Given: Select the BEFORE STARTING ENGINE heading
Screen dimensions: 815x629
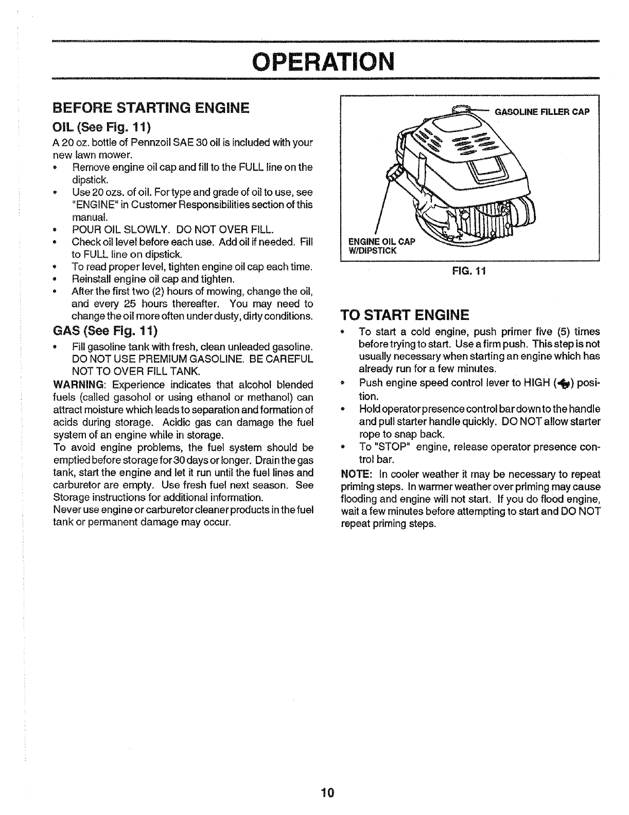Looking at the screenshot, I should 151,108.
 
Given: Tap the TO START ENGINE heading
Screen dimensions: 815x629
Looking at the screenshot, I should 405,315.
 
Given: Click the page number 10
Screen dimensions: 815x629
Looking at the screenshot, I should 327,792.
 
